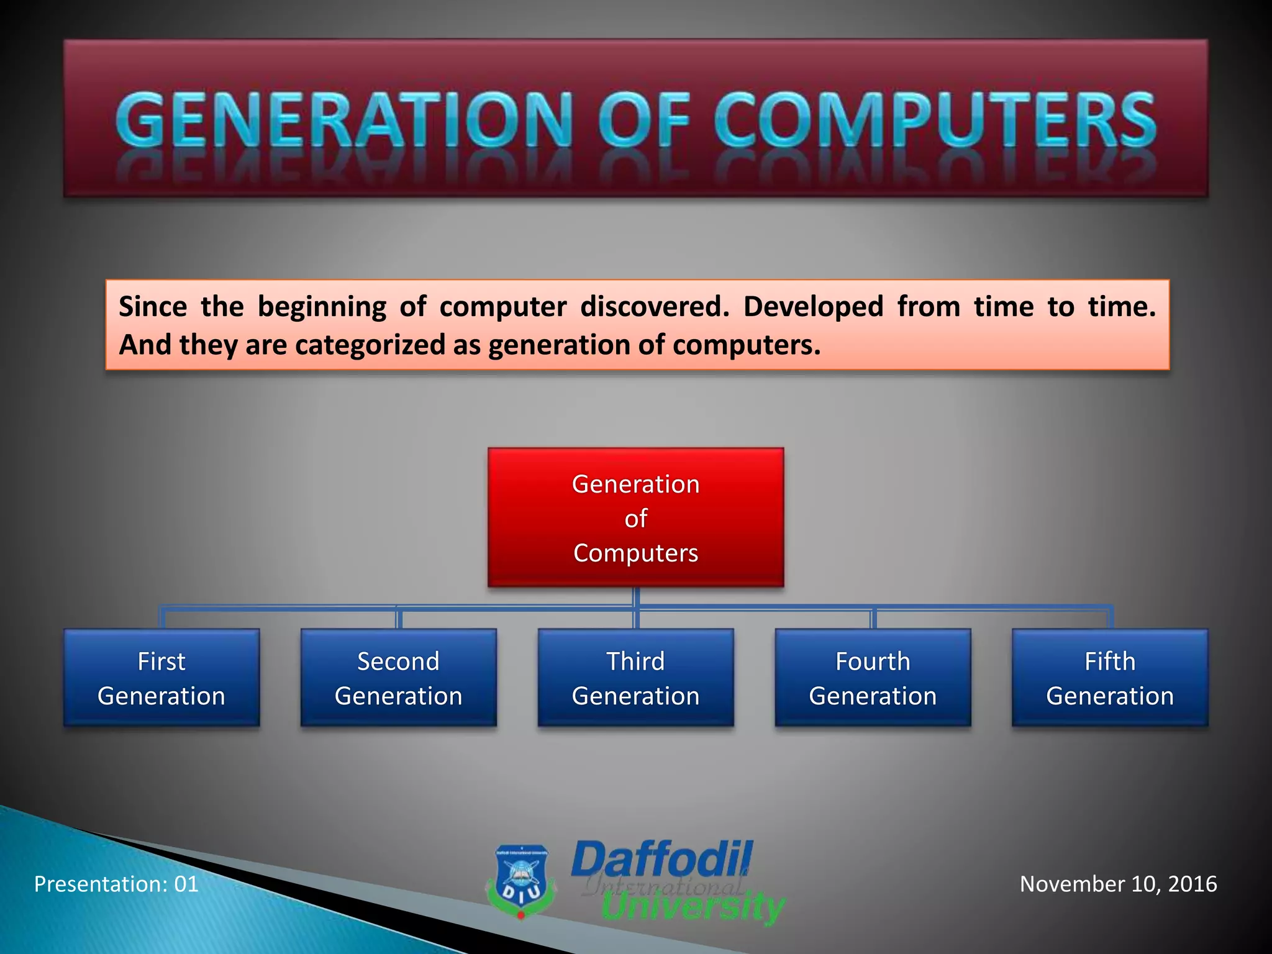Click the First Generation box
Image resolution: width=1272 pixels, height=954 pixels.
tap(161, 678)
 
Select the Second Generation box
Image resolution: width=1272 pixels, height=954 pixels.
tap(399, 678)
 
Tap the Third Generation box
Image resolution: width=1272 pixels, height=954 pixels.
tap(635, 678)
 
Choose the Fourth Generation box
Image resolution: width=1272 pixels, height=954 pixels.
tap(873, 678)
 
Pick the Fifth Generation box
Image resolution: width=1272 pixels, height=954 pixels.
tap(1110, 678)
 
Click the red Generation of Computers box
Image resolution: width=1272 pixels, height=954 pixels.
tap(635, 517)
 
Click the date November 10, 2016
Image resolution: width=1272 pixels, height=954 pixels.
tap(1118, 884)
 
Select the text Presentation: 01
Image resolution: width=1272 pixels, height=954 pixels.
tap(116, 884)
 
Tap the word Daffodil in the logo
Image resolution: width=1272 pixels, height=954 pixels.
tap(661, 860)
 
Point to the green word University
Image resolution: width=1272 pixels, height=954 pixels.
tap(693, 907)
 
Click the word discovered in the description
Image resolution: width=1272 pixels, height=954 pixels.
tap(654, 307)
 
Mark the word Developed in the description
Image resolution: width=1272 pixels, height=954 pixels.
tap(813, 307)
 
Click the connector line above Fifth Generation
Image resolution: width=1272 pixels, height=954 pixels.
tap(1110, 616)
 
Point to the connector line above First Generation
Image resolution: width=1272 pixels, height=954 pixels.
tap(162, 617)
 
